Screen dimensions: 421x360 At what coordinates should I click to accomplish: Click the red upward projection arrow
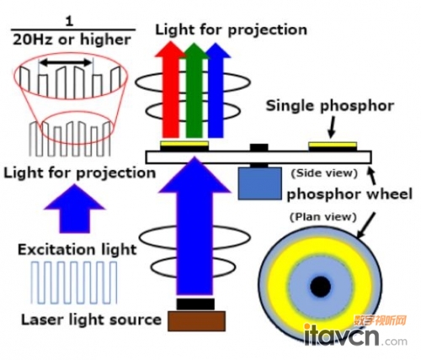coord(170,90)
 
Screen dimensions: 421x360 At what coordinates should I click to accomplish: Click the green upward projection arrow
coord(195,90)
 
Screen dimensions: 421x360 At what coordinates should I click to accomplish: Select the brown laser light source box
coord(197,320)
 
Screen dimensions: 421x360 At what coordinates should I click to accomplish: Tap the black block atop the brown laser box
coord(195,304)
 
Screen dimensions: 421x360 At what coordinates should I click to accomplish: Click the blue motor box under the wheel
coord(260,183)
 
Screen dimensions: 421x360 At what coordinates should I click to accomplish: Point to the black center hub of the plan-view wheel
coord(321,286)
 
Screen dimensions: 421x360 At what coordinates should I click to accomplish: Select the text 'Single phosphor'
coord(330,106)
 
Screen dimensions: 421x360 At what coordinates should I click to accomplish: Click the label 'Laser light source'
coord(91,320)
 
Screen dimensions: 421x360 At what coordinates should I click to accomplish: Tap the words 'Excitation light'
coord(77,250)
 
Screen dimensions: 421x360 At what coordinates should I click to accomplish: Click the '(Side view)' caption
coord(324,173)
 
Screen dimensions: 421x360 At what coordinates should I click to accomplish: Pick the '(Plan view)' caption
coord(323,217)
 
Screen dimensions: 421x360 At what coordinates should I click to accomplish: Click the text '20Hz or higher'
coord(72,40)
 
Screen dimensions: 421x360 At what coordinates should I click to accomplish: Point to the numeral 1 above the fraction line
coord(69,22)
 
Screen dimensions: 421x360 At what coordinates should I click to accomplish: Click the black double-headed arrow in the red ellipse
coord(66,63)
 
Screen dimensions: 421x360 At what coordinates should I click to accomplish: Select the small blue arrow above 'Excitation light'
coord(74,209)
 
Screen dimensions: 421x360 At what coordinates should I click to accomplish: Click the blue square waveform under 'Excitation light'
coord(74,283)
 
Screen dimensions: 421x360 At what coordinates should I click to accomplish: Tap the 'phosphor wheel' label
coord(349,194)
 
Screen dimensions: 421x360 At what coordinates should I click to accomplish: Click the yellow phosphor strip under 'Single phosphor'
coord(333,145)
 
